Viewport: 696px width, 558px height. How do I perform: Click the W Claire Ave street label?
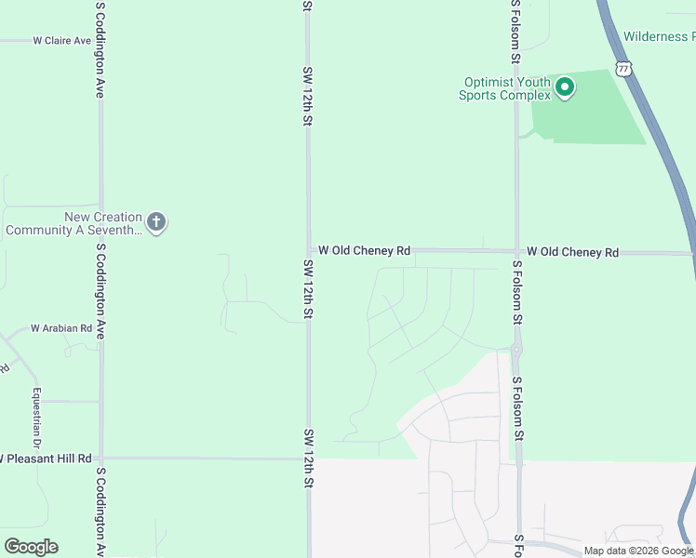61,41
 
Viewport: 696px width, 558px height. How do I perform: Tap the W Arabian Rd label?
61,328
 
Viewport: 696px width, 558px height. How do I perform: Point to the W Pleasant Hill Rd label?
47,458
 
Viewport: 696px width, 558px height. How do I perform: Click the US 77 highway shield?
623,69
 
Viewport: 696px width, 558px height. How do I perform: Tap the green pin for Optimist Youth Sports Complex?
564,88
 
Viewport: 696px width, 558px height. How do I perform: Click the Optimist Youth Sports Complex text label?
505,88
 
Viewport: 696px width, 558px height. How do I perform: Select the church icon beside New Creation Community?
156,222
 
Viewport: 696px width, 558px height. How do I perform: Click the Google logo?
31,547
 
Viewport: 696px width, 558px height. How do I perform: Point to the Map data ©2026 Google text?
638,551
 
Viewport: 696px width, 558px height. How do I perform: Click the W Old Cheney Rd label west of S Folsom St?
364,251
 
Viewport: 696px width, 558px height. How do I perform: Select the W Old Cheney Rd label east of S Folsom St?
572,252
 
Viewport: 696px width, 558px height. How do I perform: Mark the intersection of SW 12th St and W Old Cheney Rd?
309,250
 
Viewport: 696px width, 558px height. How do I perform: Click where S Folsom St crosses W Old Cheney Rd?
516,251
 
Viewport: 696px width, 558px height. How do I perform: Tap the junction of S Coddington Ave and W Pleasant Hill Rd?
100,458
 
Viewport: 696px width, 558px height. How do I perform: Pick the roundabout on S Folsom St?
516,350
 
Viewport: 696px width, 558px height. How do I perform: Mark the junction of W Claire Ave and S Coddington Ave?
100,41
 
